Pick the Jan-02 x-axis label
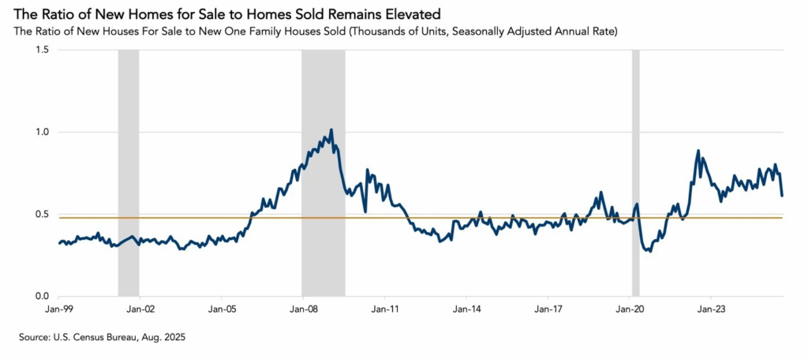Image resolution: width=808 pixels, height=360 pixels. [140, 309]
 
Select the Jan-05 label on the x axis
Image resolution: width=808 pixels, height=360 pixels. [222, 309]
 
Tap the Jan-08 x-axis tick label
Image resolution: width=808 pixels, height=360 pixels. [303, 309]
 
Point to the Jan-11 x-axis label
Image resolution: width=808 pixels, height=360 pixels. [384, 309]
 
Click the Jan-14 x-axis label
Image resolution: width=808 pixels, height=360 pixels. [466, 309]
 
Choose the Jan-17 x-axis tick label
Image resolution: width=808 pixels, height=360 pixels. [548, 309]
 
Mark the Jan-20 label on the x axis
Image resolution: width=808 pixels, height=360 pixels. [629, 309]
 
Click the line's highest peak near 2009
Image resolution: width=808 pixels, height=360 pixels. [331, 129]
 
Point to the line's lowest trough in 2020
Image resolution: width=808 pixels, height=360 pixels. [649, 251]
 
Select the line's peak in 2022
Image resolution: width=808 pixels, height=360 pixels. [698, 151]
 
